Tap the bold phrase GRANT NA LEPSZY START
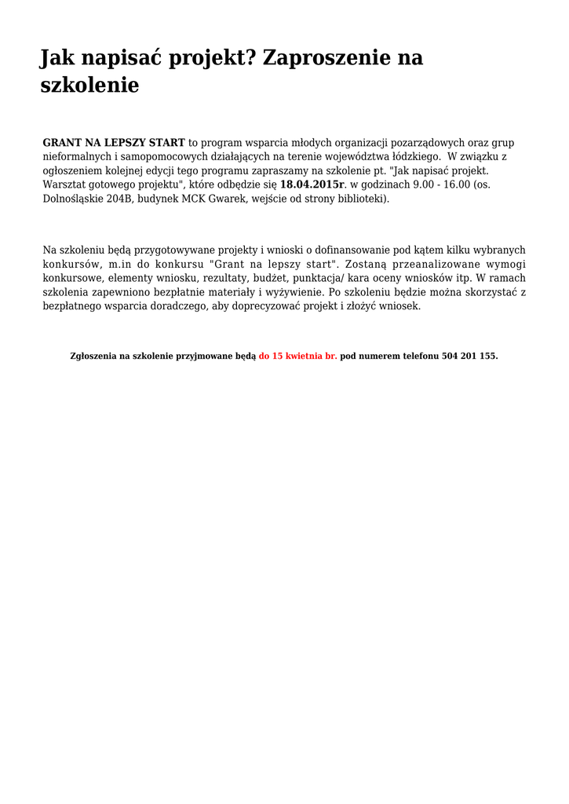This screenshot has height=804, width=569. click(x=114, y=143)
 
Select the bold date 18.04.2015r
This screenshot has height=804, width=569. click(x=312, y=185)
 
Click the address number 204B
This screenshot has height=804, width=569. click(x=122, y=199)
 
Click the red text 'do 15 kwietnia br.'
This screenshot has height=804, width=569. click(x=298, y=356)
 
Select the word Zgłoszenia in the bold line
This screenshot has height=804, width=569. click(x=93, y=356)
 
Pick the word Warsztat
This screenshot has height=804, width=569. click(x=64, y=185)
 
